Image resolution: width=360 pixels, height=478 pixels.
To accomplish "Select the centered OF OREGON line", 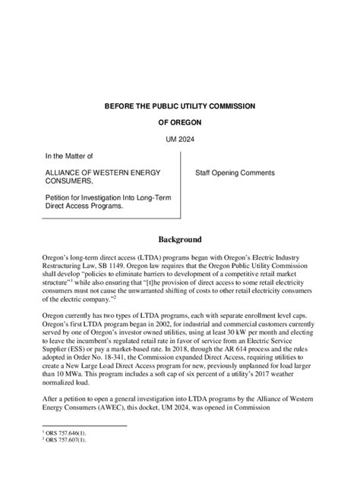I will tap(180, 121).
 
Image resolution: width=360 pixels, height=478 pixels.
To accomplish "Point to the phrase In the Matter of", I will tap(68, 156).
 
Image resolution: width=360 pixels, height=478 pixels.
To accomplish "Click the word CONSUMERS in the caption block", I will tap(68, 182).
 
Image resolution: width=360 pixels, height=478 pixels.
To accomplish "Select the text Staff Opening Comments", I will tap(235, 173).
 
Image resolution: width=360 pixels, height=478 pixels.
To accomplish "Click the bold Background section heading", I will tap(180, 237).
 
